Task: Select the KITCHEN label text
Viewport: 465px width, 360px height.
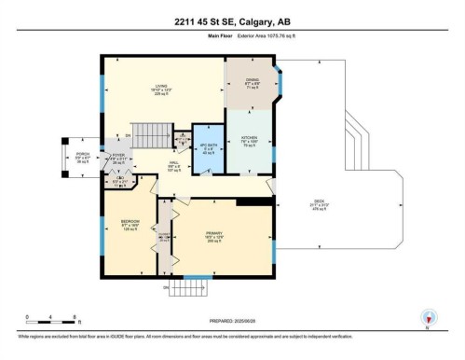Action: tap(250, 139)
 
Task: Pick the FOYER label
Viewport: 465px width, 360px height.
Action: tap(118, 156)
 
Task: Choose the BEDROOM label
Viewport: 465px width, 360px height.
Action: tap(130, 223)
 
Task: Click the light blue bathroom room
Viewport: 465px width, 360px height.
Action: tap(204, 149)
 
